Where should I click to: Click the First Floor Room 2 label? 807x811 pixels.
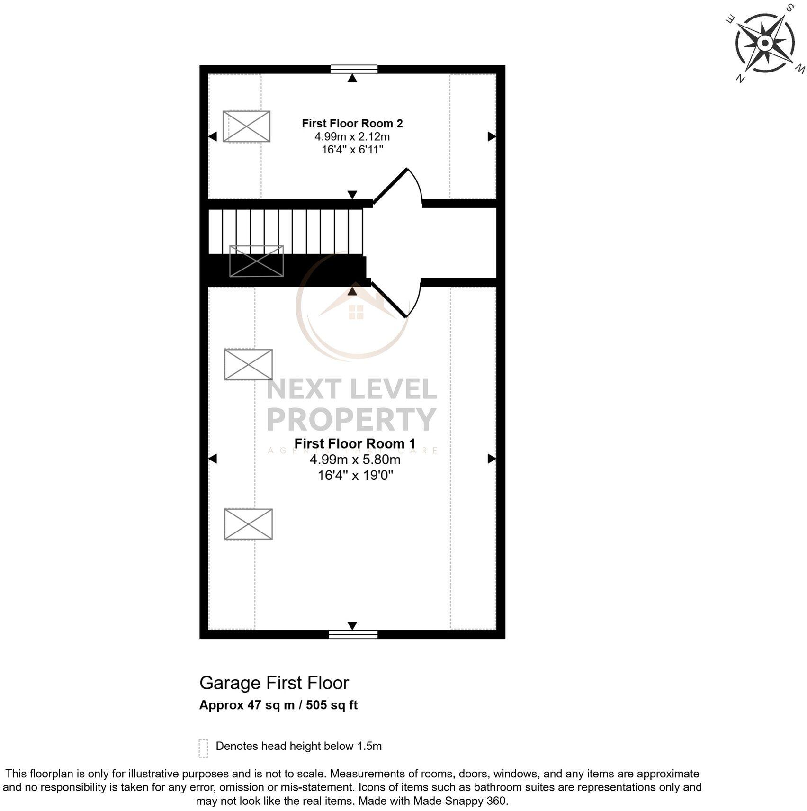pos(352,124)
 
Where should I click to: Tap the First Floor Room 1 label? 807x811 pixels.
pos(355,444)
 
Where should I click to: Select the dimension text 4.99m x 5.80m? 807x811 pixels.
pos(355,460)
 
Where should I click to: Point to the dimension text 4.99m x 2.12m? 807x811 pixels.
pos(352,137)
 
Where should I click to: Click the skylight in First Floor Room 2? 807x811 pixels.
pos(246,126)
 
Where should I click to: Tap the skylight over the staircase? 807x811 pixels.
pos(256,261)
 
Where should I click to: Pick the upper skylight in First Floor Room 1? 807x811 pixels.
pos(248,365)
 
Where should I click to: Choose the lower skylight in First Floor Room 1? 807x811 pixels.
pos(248,524)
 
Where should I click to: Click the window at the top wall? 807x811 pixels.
pos(354,69)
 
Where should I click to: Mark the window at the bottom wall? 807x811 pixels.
pos(353,634)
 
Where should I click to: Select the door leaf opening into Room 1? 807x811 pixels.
pos(389,300)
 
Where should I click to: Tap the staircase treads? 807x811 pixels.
pos(286,232)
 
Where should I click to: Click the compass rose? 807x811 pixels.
pos(765,43)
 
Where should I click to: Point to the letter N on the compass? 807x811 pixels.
pos(740,79)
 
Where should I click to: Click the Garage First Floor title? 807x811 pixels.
pos(274,683)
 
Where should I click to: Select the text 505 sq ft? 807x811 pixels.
pos(332,705)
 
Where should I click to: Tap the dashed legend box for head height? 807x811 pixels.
pos(203,748)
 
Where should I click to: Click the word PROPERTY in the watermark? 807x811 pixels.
pos(351,419)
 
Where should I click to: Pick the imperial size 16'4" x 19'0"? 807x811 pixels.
pos(355,475)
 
